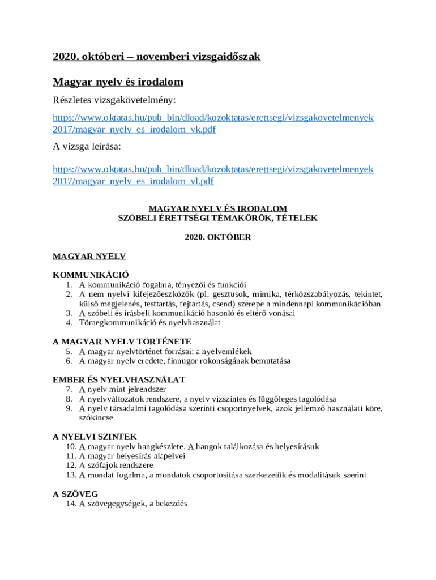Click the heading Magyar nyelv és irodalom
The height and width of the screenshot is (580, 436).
[x=118, y=82]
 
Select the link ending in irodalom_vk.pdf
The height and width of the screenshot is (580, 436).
[x=134, y=130]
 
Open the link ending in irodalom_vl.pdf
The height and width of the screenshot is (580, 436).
[x=133, y=181]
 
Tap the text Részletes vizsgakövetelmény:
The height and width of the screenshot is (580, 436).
[x=114, y=100]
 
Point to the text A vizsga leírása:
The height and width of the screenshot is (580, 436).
[x=87, y=147]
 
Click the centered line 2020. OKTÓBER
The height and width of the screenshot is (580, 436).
[x=218, y=237]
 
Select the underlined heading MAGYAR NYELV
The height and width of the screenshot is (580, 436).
[x=89, y=257]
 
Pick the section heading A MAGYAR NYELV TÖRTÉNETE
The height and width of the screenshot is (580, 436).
[x=122, y=342]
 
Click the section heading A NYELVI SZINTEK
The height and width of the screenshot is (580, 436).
[x=95, y=437]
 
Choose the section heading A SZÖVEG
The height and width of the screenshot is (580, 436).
[x=75, y=494]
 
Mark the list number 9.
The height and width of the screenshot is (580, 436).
[x=69, y=408]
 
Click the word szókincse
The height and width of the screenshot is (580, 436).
[x=96, y=417]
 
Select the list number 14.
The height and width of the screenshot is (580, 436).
[x=71, y=504]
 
